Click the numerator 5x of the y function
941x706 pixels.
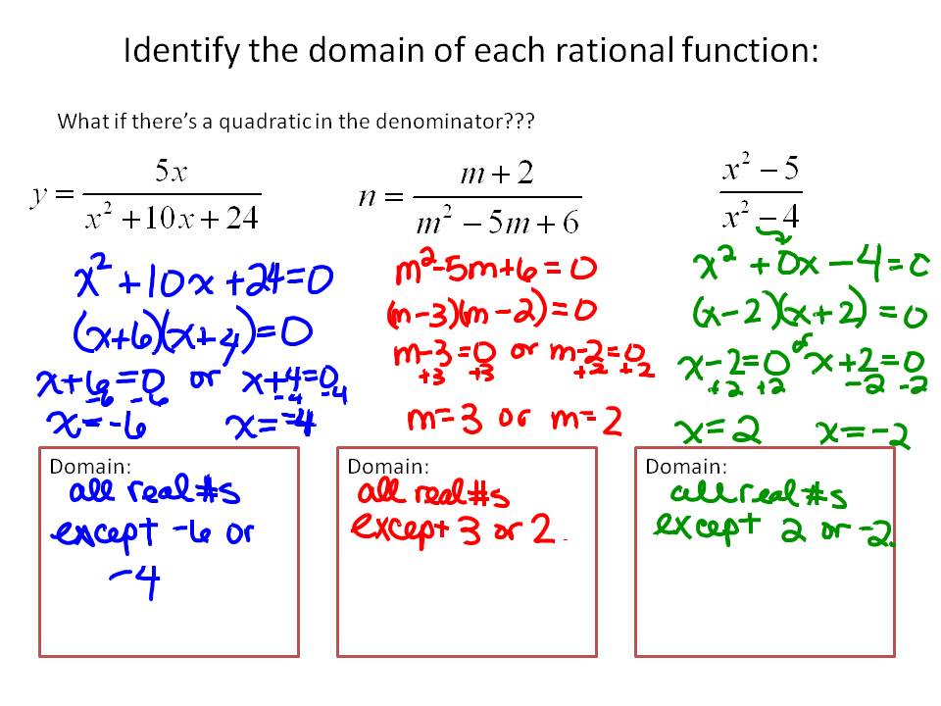tap(171, 173)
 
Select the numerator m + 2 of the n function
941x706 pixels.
tap(496, 175)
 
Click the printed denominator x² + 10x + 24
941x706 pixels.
tap(171, 219)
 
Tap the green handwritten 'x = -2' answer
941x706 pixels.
tap(862, 430)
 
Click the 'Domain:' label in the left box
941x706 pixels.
tap(90, 467)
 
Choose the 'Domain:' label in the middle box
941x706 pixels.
tap(388, 466)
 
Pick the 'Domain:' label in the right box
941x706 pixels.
tap(686, 466)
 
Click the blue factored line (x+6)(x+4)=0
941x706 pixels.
tap(192, 331)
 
